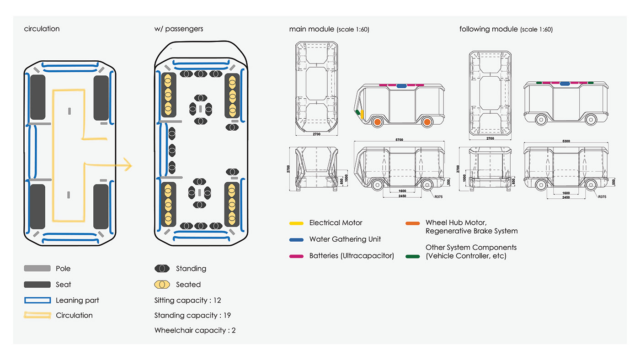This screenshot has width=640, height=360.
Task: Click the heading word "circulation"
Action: [x=42, y=29]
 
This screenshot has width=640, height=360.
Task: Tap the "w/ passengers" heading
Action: [x=179, y=29]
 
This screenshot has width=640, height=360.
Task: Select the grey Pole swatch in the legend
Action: [x=37, y=269]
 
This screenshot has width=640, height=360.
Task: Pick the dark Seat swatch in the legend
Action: [x=37, y=285]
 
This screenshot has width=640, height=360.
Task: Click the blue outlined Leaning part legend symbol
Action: [x=37, y=300]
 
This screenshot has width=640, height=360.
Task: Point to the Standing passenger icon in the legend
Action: [x=162, y=269]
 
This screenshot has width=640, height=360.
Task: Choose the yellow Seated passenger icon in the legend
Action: [x=162, y=285]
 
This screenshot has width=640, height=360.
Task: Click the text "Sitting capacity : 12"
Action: [x=188, y=300]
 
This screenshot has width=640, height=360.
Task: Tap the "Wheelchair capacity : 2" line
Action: [x=195, y=330]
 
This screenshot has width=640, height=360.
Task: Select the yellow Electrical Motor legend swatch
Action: [x=296, y=223]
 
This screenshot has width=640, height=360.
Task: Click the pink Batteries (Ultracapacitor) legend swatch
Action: [x=296, y=256]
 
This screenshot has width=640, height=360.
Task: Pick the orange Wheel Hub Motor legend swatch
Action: [x=412, y=223]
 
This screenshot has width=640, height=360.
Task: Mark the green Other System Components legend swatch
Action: [x=412, y=256]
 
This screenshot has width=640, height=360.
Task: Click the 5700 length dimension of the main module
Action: [x=399, y=140]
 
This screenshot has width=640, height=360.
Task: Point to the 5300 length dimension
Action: [x=566, y=141]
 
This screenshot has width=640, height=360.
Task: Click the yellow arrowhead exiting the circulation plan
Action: [x=127, y=165]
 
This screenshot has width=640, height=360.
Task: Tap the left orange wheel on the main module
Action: [x=377, y=122]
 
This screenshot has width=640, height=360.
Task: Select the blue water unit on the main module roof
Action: [x=402, y=85]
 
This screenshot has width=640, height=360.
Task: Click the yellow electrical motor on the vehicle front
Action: [x=362, y=114]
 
